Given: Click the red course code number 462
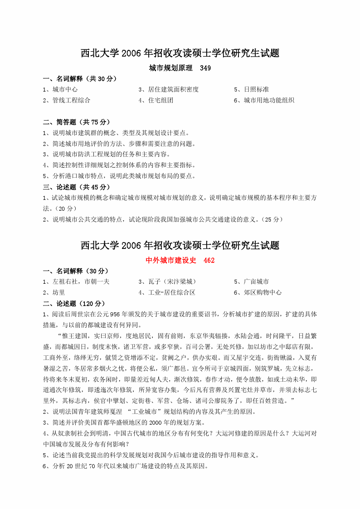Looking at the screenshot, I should coord(209,261).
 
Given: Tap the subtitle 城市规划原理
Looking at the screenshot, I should coord(167,68).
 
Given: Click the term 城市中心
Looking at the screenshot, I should coord(65,90).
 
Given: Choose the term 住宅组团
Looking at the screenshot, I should coord(161,101).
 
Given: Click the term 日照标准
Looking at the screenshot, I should coord(256,90).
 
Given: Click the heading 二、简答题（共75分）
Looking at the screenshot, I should coord(77,122).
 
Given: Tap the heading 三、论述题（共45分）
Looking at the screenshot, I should coord(77,187).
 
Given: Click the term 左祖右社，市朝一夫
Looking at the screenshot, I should coord(81,282).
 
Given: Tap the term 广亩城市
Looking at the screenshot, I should coord(256,282).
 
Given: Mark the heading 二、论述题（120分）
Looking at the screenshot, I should coord(74,304).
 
